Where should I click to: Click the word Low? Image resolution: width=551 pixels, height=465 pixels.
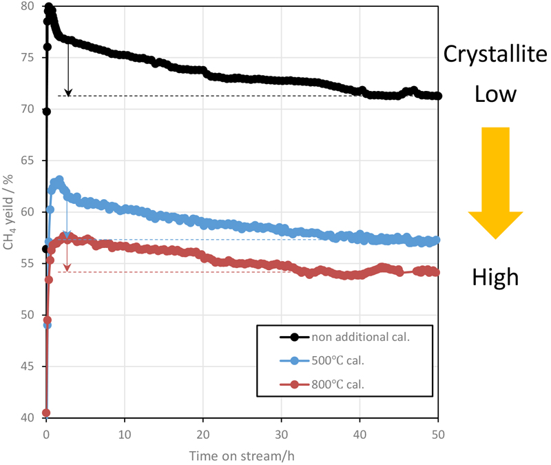495,94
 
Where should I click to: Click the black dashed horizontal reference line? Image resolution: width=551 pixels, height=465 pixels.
207,96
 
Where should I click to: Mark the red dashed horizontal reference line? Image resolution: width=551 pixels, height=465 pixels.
207,272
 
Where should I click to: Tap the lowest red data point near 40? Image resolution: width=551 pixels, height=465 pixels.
46,413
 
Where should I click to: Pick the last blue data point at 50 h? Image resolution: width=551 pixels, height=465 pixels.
437,240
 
